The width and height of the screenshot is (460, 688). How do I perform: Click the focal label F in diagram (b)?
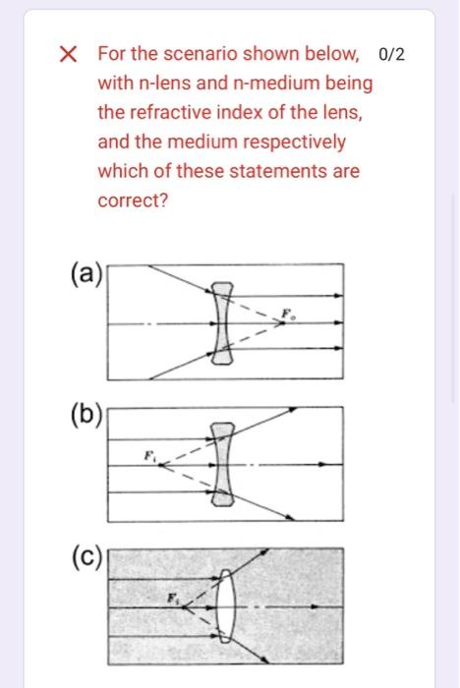149,453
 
